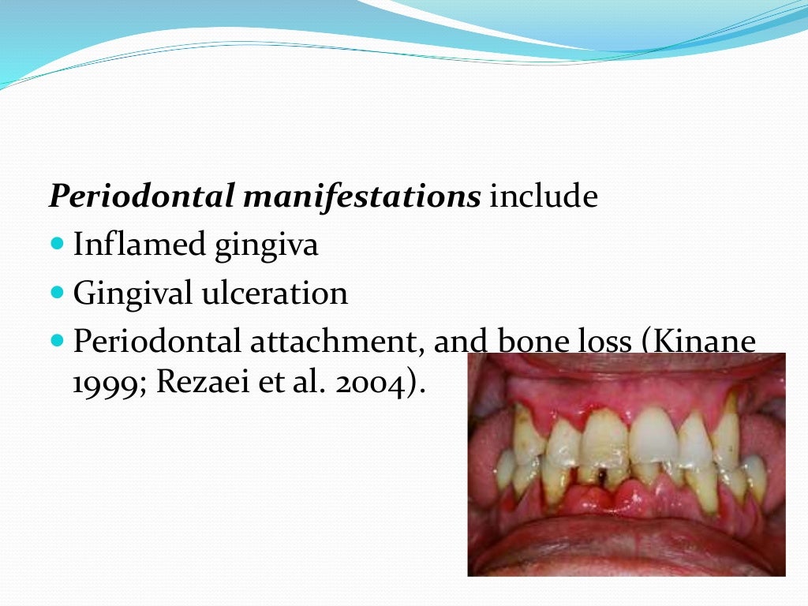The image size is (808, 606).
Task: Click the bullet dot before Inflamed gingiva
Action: point(55,245)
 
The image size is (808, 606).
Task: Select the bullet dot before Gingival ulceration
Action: point(55,293)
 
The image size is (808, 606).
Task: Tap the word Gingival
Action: point(132,294)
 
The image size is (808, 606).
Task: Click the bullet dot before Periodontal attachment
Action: point(55,342)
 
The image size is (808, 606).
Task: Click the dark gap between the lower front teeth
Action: point(603,476)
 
